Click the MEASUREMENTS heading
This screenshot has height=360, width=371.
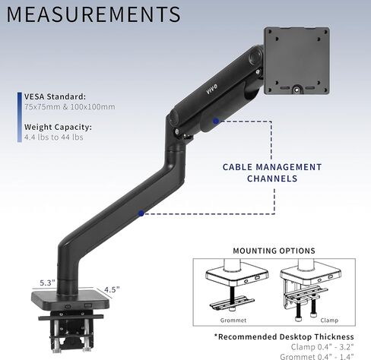tap(94, 14)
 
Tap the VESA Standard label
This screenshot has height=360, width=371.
tap(55, 96)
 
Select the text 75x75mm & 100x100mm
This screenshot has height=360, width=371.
tap(70, 106)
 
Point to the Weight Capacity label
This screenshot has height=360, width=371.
tap(58, 127)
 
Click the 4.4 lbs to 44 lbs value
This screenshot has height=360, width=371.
tap(54, 137)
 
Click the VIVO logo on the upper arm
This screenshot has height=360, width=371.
tap(211, 89)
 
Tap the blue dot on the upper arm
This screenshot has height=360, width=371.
tap(216, 121)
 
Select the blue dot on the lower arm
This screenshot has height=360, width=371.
tap(141, 213)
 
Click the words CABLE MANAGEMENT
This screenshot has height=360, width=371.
tap(272, 167)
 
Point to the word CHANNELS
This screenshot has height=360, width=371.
tap(272, 178)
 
